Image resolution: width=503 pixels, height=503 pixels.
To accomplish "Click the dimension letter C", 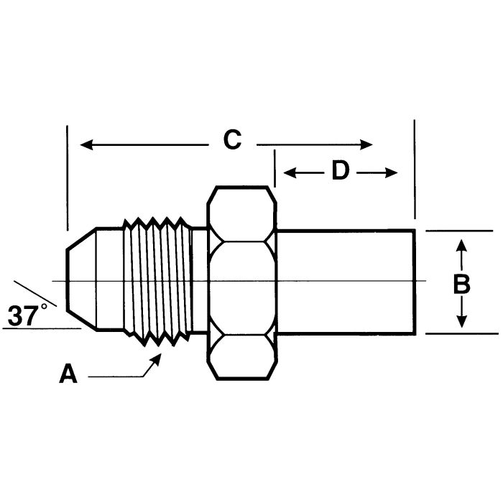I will pyautogui.click(x=231, y=140).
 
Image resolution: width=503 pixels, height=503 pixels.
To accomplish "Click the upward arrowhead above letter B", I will pyautogui.click(x=462, y=246).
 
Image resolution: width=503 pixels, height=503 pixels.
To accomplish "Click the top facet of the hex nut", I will pyautogui.click(x=241, y=213).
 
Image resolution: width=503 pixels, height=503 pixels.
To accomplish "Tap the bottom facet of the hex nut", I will pyautogui.click(x=241, y=356).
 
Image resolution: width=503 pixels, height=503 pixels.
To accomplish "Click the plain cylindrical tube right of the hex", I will pyautogui.click(x=345, y=281).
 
